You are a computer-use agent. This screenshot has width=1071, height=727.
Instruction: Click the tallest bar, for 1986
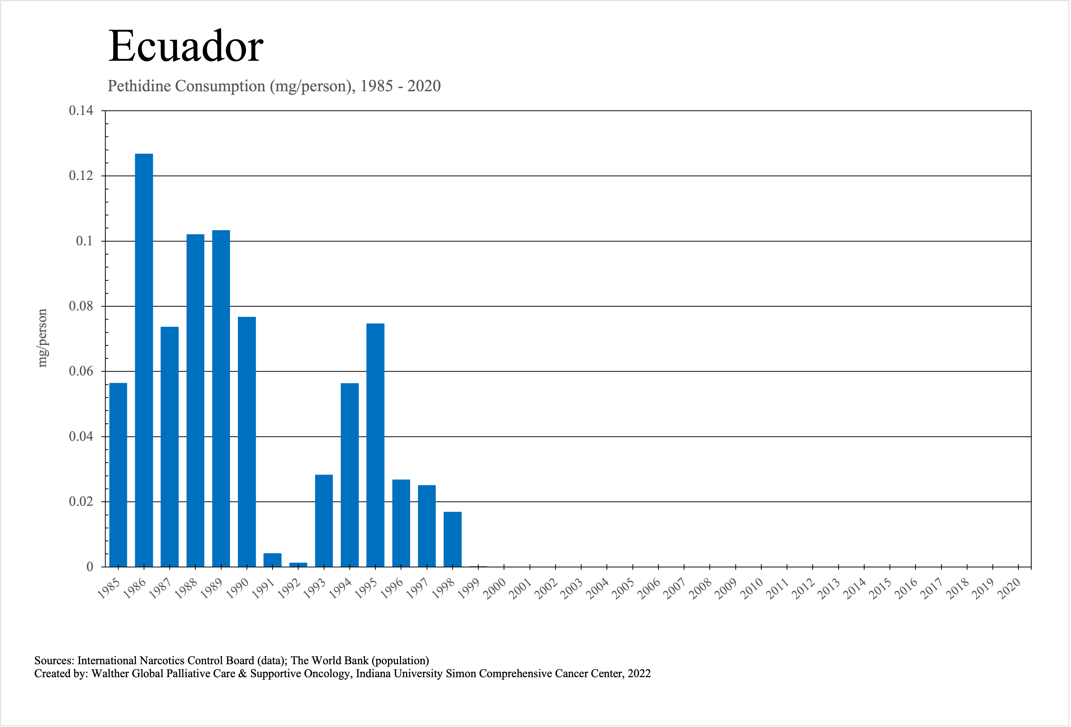[x=144, y=360]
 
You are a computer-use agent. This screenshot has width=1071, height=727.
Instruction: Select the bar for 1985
[x=118, y=475]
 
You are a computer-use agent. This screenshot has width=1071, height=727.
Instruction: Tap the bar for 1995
[x=375, y=445]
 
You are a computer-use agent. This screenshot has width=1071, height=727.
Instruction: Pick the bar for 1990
[x=247, y=442]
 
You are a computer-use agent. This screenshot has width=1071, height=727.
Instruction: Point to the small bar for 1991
[x=272, y=560]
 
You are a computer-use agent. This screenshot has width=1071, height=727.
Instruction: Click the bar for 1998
[x=452, y=539]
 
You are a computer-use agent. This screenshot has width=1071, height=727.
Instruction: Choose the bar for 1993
[x=324, y=521]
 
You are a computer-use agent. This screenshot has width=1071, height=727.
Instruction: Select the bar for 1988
[x=195, y=400]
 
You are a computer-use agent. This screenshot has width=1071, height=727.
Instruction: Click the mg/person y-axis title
[x=42, y=338]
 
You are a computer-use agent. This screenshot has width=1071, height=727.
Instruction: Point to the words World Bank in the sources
[x=338, y=661]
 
